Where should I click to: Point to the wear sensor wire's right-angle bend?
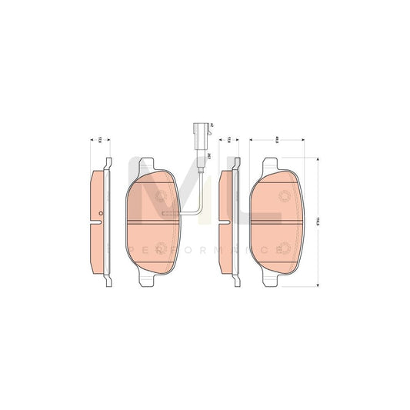point(199,212)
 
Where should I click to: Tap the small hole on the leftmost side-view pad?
point(100,210)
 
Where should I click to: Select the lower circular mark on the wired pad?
point(161,247)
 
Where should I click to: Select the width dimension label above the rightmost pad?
point(275,139)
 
